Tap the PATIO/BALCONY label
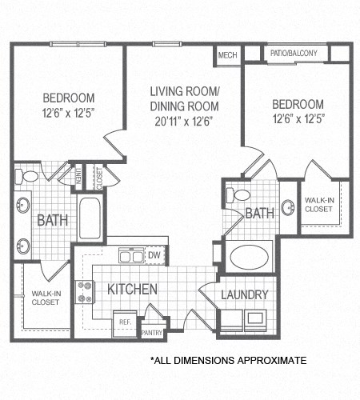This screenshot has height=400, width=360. tap(294, 54)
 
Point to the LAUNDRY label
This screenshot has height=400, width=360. tap(245, 295)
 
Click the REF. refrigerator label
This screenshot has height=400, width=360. tap(126, 322)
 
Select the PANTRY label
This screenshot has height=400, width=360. tap(152, 332)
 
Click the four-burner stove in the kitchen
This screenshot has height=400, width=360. tap(85, 292)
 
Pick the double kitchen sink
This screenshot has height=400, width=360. tap(131, 256)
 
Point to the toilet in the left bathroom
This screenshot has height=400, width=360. tap(30, 177)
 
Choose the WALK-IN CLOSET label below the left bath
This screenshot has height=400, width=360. tap(44, 298)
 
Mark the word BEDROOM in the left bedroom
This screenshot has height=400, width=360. tap(68, 98)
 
